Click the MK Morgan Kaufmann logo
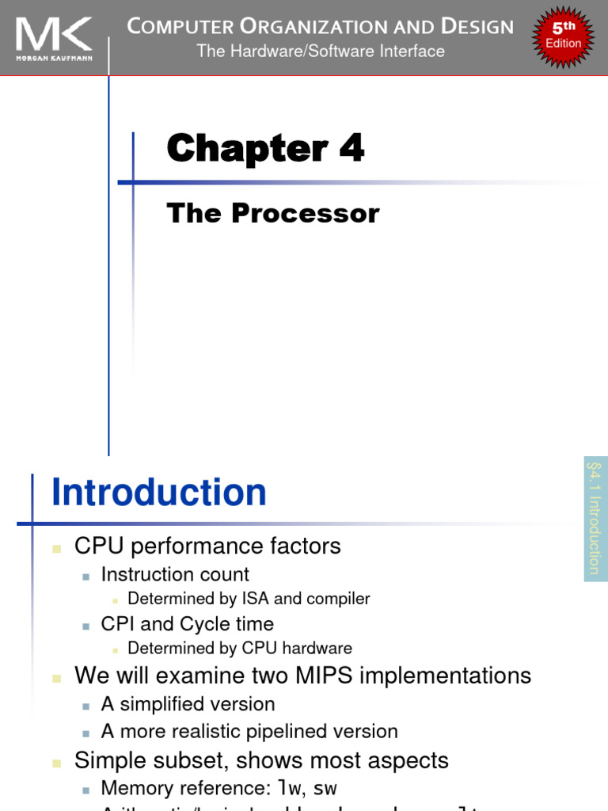tap(53, 37)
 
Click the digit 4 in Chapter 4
tap(351, 149)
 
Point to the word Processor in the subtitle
tap(321, 214)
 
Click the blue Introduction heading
tap(159, 493)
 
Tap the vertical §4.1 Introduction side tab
tap(595, 519)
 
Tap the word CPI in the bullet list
tap(116, 624)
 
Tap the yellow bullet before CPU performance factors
tap(56, 547)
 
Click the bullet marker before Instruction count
tap(85, 576)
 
